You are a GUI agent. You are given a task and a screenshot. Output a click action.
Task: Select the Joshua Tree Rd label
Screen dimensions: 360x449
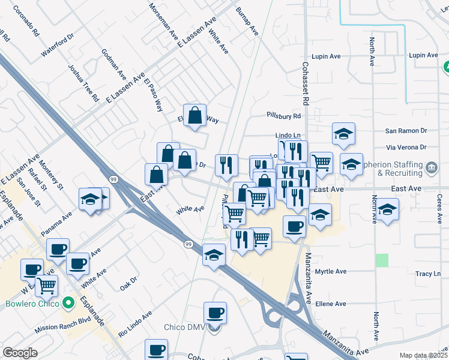click(83, 83)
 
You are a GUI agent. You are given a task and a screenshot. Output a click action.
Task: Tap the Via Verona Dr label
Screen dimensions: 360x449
click(406, 147)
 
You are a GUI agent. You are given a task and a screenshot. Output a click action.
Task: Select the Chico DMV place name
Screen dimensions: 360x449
click(187, 327)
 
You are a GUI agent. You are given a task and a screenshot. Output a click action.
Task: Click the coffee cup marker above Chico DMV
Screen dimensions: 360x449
click(215, 313)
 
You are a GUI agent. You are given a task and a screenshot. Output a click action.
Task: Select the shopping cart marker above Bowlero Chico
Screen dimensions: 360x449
click(46, 285)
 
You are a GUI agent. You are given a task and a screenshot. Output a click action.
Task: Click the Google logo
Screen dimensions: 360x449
click(20, 353)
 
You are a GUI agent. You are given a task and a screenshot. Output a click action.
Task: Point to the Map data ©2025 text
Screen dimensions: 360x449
click(423, 355)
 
